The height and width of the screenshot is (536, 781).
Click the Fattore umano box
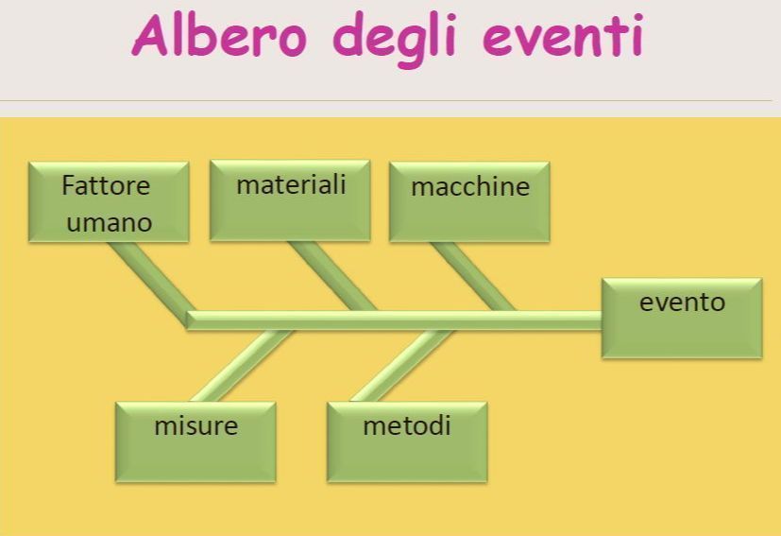point(108,201)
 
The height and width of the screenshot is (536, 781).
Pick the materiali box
point(289,199)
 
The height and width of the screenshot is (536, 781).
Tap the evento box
point(682,318)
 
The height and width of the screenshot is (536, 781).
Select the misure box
point(195,441)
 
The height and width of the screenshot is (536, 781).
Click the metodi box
point(407,441)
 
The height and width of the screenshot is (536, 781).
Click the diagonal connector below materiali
point(332,275)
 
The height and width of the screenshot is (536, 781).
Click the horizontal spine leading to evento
point(397,320)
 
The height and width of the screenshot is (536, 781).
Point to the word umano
point(109,223)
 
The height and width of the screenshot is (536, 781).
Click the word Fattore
point(106,185)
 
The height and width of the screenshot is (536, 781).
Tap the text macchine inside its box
point(470,186)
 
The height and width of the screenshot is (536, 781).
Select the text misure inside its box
point(195,426)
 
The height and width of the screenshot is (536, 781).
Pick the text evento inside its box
point(682,303)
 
